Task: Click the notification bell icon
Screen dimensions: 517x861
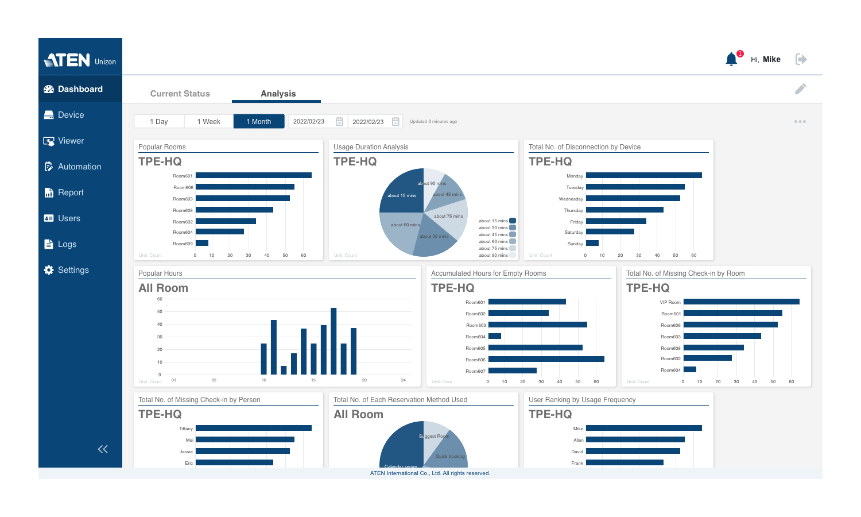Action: click(x=731, y=59)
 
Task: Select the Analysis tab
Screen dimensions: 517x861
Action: click(x=278, y=94)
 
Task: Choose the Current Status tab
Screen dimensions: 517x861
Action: click(x=180, y=94)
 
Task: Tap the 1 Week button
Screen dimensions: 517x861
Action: click(x=208, y=122)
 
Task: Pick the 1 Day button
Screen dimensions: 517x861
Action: click(x=159, y=122)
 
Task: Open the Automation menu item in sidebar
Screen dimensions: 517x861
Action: click(x=79, y=167)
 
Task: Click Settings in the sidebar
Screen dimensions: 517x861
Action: click(x=73, y=270)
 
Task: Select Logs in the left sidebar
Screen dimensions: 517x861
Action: click(x=67, y=244)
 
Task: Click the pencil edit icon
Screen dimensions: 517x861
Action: click(x=800, y=89)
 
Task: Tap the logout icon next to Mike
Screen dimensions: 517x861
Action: click(x=801, y=59)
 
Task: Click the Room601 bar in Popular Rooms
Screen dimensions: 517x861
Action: click(x=253, y=175)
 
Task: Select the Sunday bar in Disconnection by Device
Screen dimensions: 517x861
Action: click(x=592, y=243)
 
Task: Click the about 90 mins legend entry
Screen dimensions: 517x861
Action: click(x=497, y=255)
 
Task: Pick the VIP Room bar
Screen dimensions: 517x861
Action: click(x=741, y=302)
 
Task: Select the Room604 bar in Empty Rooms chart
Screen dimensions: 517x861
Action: click(x=494, y=336)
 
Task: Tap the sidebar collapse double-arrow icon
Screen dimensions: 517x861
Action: click(x=103, y=449)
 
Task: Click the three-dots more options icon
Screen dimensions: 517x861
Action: click(x=800, y=122)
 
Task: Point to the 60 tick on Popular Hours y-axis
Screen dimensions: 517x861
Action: click(x=160, y=299)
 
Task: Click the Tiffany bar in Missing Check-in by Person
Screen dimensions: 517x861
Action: click(x=253, y=428)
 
